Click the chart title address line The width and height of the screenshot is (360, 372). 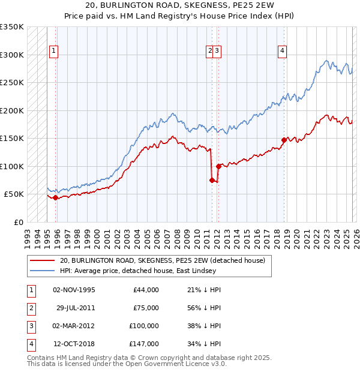click(x=180, y=7)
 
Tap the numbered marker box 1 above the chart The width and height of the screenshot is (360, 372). click(x=54, y=52)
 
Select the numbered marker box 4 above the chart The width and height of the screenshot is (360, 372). click(x=281, y=52)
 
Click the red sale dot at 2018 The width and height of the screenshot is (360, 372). click(x=284, y=140)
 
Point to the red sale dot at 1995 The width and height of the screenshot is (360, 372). click(x=55, y=197)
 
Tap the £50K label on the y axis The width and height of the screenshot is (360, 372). click(x=14, y=194)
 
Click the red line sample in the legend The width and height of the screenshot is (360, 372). click(x=42, y=260)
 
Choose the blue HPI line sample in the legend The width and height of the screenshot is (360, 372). click(x=42, y=271)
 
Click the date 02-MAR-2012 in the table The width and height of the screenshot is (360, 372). click(x=74, y=326)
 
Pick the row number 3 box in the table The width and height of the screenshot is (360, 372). click(x=30, y=326)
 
